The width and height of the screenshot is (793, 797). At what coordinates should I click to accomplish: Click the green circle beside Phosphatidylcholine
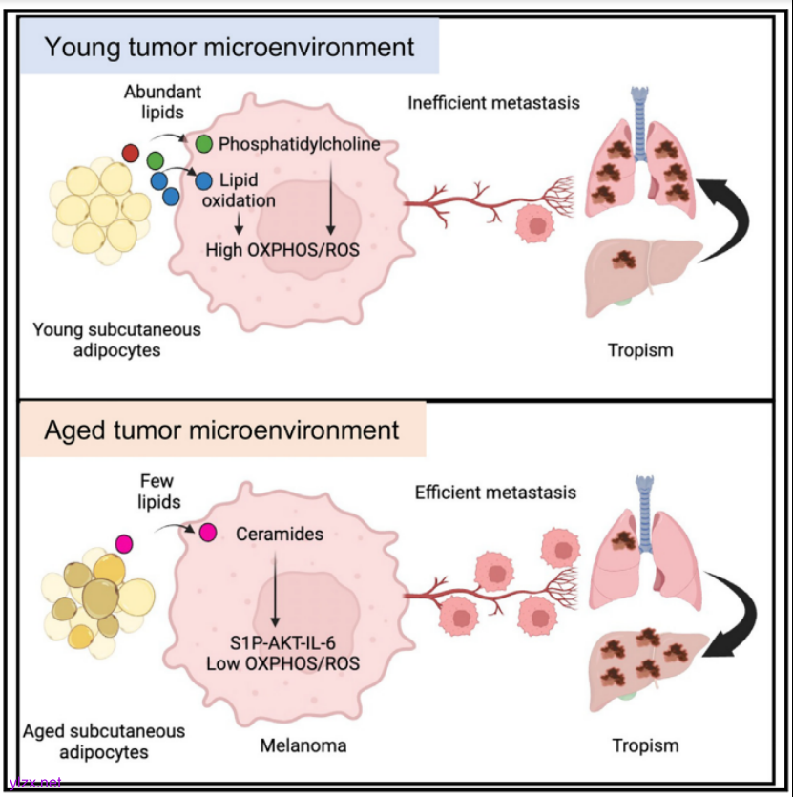click(203, 144)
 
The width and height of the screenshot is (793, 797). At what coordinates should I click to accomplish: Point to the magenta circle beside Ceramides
click(207, 531)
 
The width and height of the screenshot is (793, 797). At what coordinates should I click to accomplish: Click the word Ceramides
click(280, 535)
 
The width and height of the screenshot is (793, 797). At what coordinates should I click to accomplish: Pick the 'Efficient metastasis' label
click(495, 493)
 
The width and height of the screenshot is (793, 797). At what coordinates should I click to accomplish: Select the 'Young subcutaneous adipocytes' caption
click(104, 341)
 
